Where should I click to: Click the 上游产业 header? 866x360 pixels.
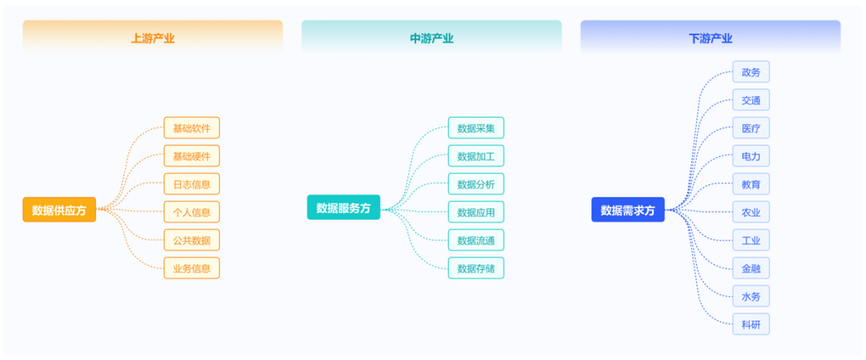point(152,38)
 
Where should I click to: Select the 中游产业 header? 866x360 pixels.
point(431,38)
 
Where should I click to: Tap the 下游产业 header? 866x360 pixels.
point(710,38)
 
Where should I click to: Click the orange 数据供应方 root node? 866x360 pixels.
point(59,210)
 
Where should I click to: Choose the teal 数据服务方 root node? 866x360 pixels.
point(343,208)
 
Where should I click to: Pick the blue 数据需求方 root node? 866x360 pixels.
point(628,210)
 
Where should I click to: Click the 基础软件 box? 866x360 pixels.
point(192,127)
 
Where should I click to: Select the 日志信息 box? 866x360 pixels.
point(192,184)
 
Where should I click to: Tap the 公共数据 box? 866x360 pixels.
point(192,241)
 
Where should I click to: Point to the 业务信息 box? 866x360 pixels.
point(192,269)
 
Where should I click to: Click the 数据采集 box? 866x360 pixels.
point(476,127)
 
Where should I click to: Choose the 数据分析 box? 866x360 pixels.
point(476,184)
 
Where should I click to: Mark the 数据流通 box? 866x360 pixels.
point(476,241)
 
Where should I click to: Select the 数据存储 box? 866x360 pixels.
point(476,269)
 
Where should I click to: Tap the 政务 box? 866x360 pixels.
point(751,72)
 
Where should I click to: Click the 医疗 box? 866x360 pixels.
point(751,128)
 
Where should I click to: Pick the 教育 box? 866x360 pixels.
point(751,184)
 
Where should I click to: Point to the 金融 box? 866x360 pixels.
point(751,269)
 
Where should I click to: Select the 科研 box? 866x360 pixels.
point(751,324)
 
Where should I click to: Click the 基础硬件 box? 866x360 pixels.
point(192,156)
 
